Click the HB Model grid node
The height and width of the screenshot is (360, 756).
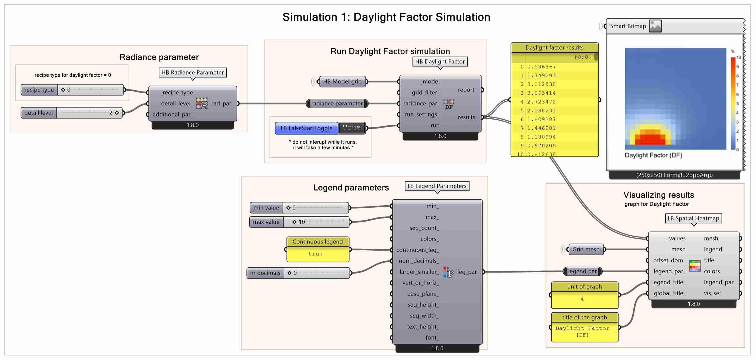[x=342, y=82]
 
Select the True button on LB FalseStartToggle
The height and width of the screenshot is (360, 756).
[x=352, y=128]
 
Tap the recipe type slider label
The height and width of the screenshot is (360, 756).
[x=39, y=90]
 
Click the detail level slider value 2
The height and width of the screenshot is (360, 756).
[x=111, y=113]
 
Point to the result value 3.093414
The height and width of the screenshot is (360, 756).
[x=541, y=93]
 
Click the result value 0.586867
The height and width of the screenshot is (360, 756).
[x=541, y=67]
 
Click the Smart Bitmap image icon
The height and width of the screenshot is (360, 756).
[x=655, y=26]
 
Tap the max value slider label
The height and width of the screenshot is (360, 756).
[x=266, y=222]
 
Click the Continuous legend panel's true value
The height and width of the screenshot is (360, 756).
[x=315, y=254]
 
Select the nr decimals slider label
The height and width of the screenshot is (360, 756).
[x=265, y=273]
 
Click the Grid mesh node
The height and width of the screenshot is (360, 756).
[x=586, y=249]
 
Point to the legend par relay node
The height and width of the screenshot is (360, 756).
[x=582, y=271]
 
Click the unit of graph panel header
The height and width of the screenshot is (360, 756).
[x=584, y=287]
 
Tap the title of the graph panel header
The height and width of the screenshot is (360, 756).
[x=584, y=318]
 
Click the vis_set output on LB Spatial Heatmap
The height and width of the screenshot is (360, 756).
[x=712, y=293]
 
